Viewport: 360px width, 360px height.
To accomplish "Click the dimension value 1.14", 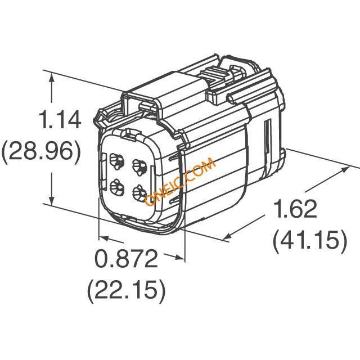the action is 61,120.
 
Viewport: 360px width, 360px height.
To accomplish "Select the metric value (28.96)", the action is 41,151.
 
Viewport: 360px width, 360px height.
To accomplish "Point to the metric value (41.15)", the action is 310,240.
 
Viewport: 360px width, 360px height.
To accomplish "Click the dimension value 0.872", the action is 127,258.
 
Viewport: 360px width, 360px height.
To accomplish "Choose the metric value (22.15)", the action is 127,290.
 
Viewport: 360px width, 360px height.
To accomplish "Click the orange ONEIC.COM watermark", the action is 181,182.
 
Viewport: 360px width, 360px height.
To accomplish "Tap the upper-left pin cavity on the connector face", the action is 117,161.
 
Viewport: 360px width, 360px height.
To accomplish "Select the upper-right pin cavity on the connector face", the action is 139,167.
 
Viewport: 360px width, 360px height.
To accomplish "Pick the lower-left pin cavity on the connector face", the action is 117,187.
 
